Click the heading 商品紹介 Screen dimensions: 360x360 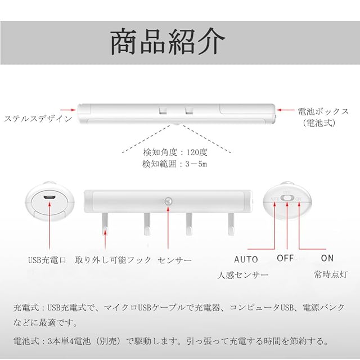[168, 42]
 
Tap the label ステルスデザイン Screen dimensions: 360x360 [38, 119]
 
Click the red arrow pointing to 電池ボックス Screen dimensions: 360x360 [289, 111]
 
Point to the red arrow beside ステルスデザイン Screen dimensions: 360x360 [69, 111]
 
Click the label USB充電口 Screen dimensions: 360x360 [47, 260]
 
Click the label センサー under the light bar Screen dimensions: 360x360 [175, 260]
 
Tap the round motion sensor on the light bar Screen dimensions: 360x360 [167, 200]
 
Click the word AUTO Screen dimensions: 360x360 [246, 259]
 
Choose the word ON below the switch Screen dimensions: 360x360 [327, 258]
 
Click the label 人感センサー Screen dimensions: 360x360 [242, 275]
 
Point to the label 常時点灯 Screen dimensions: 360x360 [330, 275]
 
